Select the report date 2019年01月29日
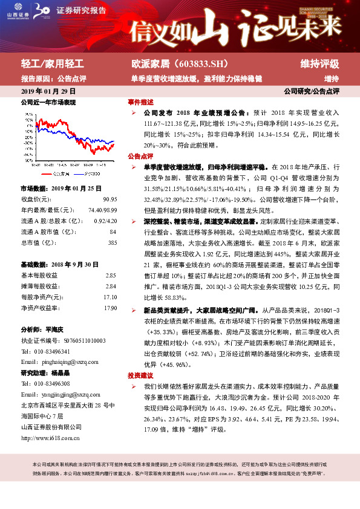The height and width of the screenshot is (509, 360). [48, 91]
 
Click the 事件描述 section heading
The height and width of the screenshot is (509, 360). [140, 102]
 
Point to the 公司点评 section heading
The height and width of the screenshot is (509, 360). [140, 155]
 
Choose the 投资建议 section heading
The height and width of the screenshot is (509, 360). [140, 375]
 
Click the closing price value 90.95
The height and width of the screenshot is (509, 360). [110, 199]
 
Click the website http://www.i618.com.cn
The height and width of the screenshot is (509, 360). [50, 438]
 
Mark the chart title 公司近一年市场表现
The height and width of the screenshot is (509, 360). [48, 103]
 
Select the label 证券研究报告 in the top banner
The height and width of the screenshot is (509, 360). [81, 10]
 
